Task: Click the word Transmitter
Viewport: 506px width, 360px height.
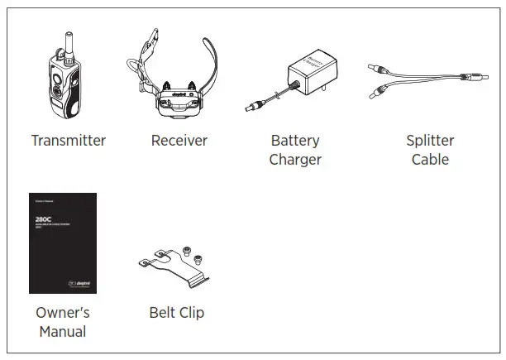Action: pyautogui.click(x=69, y=141)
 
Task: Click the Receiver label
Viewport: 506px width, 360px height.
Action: pyautogui.click(x=179, y=141)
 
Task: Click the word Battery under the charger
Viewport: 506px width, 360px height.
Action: pyautogui.click(x=295, y=141)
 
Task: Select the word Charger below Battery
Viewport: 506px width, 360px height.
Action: pyautogui.click(x=295, y=160)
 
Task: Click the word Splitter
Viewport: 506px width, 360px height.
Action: pyautogui.click(x=430, y=141)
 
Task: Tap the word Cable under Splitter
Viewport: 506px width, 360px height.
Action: pyautogui.click(x=430, y=160)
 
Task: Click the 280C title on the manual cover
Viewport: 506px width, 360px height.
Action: pyautogui.click(x=43, y=218)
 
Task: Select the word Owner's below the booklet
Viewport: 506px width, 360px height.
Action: pyautogui.click(x=63, y=313)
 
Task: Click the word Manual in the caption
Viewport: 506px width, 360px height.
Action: pyautogui.click(x=63, y=332)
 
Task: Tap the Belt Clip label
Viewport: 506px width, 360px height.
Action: pyautogui.click(x=176, y=313)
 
